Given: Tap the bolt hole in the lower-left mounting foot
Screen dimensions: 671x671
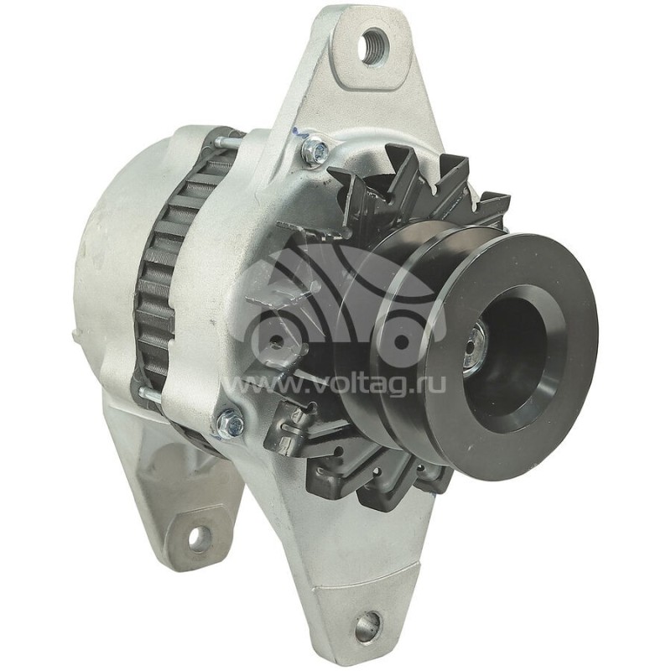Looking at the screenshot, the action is click(x=199, y=534).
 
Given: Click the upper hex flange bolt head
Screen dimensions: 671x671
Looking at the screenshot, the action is click(x=315, y=149).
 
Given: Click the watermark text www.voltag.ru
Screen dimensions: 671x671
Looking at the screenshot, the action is click(x=335, y=385).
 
